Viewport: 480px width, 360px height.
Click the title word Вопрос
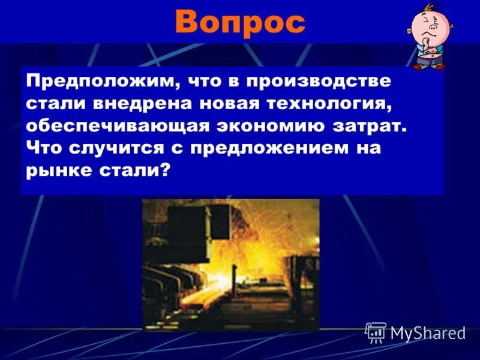[x=240, y=23]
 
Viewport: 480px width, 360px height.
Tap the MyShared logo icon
[x=376, y=332]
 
